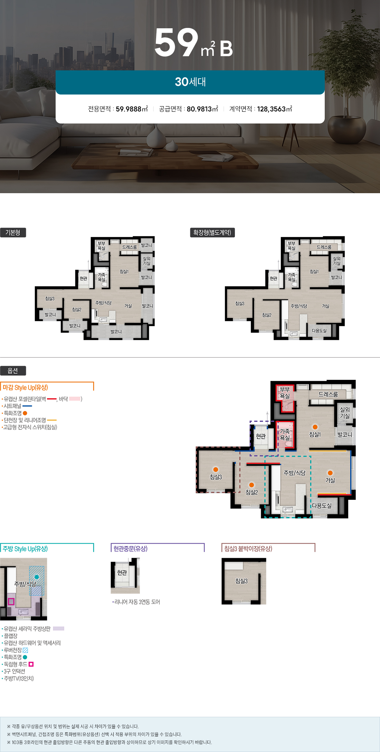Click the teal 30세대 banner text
click(190, 82)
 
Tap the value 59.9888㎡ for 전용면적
click(132, 109)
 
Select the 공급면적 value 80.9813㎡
click(202, 109)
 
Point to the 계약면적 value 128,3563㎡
click(275, 109)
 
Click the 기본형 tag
click(13, 232)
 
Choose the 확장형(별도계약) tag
click(212, 232)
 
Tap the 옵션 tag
click(13, 371)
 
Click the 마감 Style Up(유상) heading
click(25, 387)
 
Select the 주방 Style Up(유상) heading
click(25, 548)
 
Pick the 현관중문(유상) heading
click(131, 548)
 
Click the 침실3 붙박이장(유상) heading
click(248, 548)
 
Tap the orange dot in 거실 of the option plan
click(330, 473)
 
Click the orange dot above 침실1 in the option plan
click(315, 427)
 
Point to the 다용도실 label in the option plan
click(322, 506)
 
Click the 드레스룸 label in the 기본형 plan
click(130, 247)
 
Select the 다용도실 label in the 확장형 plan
click(319, 330)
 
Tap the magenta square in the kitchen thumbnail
click(11, 602)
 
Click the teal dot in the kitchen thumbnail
click(37, 577)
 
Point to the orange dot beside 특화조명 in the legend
click(25, 413)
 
